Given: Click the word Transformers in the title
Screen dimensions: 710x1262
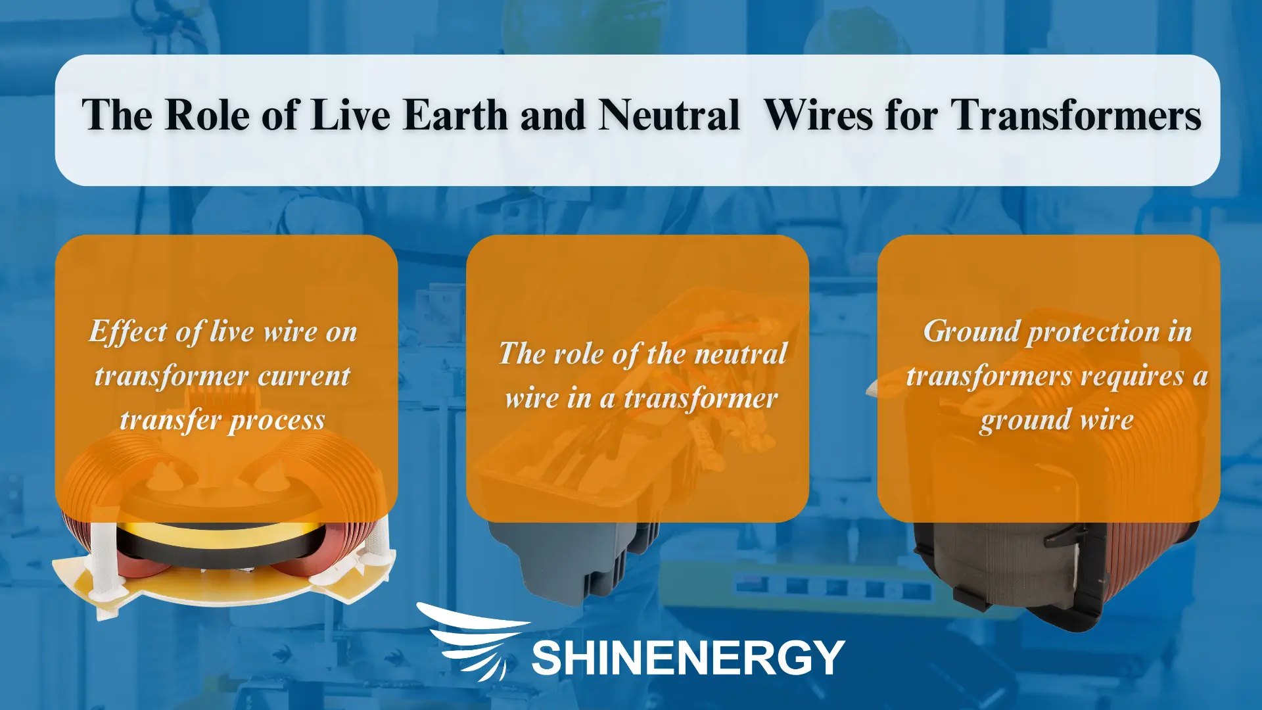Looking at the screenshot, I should (1076, 116).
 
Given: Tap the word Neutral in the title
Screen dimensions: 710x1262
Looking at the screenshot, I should (669, 116).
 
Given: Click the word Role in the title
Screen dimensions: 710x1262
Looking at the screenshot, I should (206, 116).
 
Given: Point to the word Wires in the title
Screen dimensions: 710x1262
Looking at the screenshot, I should (819, 116).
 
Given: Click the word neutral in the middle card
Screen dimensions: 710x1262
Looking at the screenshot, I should (741, 354).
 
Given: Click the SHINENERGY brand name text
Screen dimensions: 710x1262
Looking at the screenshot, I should (688, 657).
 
